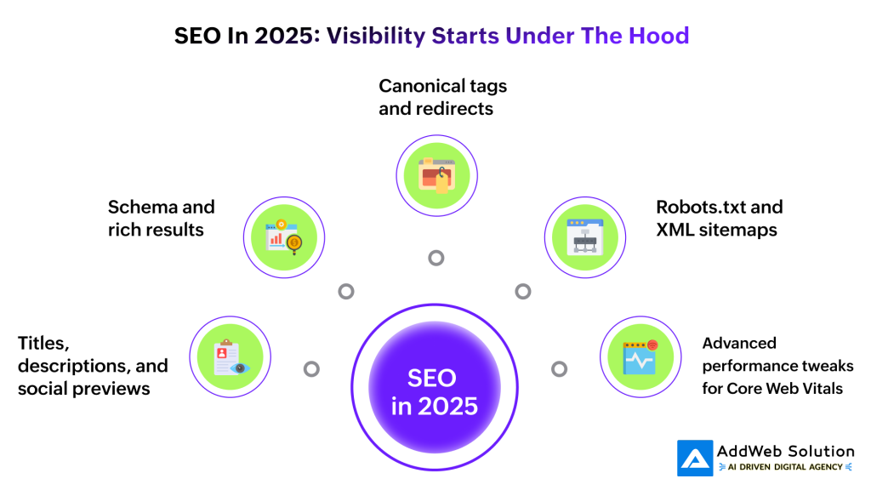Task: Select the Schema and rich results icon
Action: [284, 237]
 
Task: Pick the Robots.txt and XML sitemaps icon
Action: [585, 237]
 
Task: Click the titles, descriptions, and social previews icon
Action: [230, 357]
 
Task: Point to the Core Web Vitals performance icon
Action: [640, 357]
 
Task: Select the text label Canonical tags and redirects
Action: [442, 98]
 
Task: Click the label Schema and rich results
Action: [161, 218]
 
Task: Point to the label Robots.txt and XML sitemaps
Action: [719, 218]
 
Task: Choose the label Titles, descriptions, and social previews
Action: [93, 366]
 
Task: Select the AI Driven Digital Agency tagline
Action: [784, 467]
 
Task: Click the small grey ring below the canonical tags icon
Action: [436, 258]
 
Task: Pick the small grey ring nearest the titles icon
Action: [312, 369]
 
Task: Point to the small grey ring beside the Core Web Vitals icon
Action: [559, 369]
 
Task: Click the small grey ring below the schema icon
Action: [346, 291]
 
